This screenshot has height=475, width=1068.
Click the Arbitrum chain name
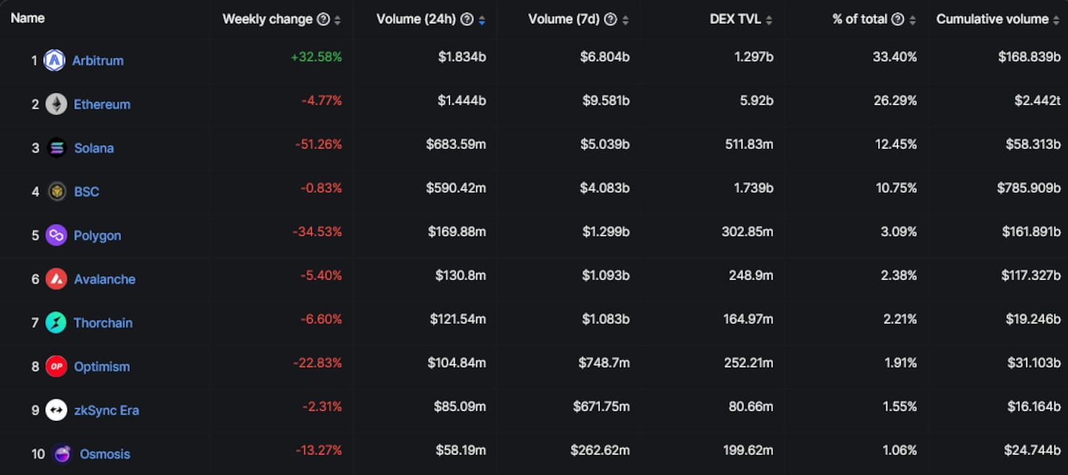[x=98, y=61]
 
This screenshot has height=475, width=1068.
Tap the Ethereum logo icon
[x=56, y=104]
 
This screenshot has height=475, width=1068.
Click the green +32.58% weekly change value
[x=317, y=57]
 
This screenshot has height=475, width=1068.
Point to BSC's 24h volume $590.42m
[x=456, y=188]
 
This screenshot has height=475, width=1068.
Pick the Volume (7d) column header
[x=562, y=19]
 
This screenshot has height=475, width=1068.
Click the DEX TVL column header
[x=735, y=19]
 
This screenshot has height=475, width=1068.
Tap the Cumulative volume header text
[x=992, y=19]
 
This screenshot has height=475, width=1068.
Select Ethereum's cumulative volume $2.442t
[x=1038, y=101]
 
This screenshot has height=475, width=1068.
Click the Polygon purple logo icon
[x=56, y=236]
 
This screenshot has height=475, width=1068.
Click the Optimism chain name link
[x=102, y=367]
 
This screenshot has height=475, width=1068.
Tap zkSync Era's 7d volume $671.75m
[x=601, y=407]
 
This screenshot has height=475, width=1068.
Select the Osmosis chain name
[x=105, y=454]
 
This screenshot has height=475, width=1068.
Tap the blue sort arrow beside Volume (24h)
[x=482, y=20]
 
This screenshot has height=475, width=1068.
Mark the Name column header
[x=27, y=18]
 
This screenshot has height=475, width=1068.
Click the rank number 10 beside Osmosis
[x=38, y=454]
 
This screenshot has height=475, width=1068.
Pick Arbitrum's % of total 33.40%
[x=895, y=57]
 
